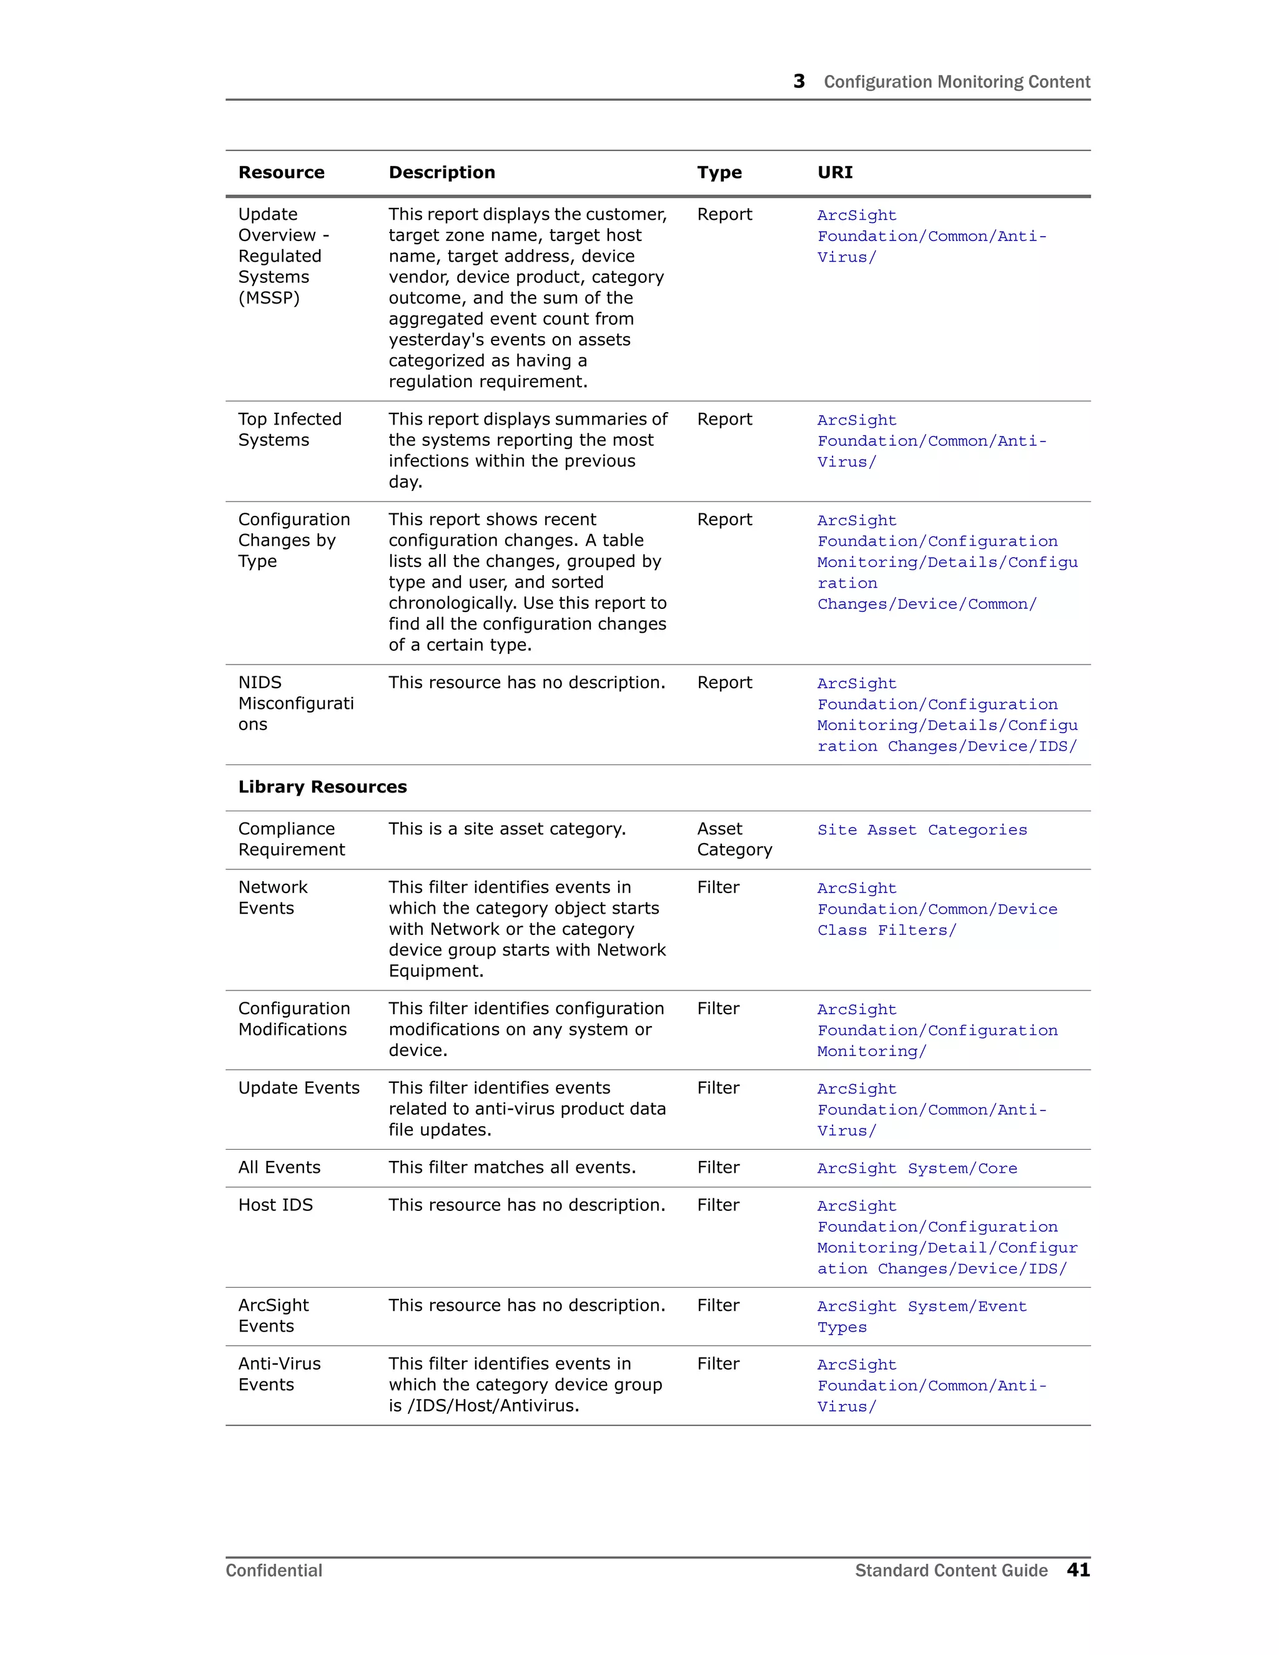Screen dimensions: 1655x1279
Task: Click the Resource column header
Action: pyautogui.click(x=281, y=173)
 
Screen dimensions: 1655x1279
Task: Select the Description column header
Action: pyautogui.click(x=442, y=173)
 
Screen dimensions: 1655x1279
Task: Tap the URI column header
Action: pyautogui.click(x=834, y=173)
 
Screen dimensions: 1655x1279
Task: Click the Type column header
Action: pyautogui.click(x=719, y=173)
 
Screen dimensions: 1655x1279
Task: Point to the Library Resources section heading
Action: pyautogui.click(x=322, y=788)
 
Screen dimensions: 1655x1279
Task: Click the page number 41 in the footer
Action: pyautogui.click(x=1077, y=1570)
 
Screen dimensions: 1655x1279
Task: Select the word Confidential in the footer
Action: pyautogui.click(x=274, y=1571)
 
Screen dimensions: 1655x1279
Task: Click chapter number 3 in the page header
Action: pyautogui.click(x=799, y=81)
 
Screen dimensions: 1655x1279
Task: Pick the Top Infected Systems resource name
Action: pyautogui.click(x=289, y=430)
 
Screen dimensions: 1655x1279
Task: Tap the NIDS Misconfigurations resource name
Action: pyautogui.click(x=295, y=703)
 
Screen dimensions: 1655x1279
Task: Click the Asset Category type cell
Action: pyautogui.click(x=733, y=839)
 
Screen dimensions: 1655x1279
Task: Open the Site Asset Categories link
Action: pyautogui.click(x=921, y=830)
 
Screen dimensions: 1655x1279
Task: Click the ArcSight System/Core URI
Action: pyautogui.click(x=917, y=1168)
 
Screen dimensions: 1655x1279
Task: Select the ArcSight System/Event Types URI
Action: pyautogui.click(x=921, y=1317)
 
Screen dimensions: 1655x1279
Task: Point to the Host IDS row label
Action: pyautogui.click(x=275, y=1205)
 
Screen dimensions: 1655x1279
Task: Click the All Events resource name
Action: pyautogui.click(x=279, y=1168)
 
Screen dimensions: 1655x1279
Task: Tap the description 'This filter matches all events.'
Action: pyautogui.click(x=511, y=1168)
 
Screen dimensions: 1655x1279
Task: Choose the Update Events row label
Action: pyautogui.click(x=299, y=1088)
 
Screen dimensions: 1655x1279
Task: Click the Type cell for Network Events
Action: pyautogui.click(x=718, y=887)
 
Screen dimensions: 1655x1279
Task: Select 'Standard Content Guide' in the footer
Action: pyautogui.click(x=951, y=1571)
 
